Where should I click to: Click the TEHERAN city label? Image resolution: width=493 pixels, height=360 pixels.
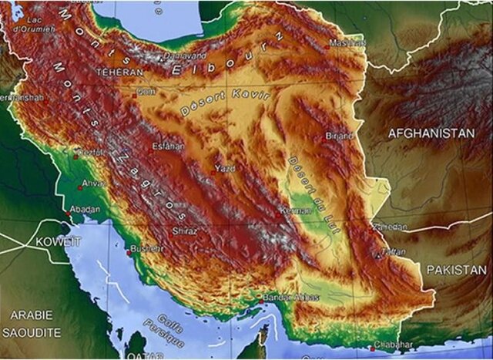click(x=119, y=72)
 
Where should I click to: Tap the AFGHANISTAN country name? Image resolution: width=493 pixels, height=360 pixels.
click(x=431, y=133)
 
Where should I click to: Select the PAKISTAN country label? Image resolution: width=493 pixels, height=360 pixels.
click(x=457, y=270)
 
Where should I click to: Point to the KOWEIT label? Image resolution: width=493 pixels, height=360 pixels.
click(x=58, y=242)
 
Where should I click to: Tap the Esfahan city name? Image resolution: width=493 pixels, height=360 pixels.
click(x=168, y=144)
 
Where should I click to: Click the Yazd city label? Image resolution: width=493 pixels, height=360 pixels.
click(x=226, y=168)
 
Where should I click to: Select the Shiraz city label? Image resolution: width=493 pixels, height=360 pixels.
click(x=185, y=230)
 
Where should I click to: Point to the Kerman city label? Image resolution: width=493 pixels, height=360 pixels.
click(x=296, y=210)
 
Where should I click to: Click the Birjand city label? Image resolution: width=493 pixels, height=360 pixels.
click(x=340, y=136)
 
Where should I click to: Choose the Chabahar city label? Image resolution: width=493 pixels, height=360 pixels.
click(x=394, y=345)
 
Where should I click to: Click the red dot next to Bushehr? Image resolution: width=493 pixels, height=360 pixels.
click(x=127, y=252)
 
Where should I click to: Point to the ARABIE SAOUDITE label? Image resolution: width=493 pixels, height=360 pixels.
click(x=31, y=322)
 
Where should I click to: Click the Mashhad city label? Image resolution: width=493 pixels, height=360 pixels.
click(x=346, y=43)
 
